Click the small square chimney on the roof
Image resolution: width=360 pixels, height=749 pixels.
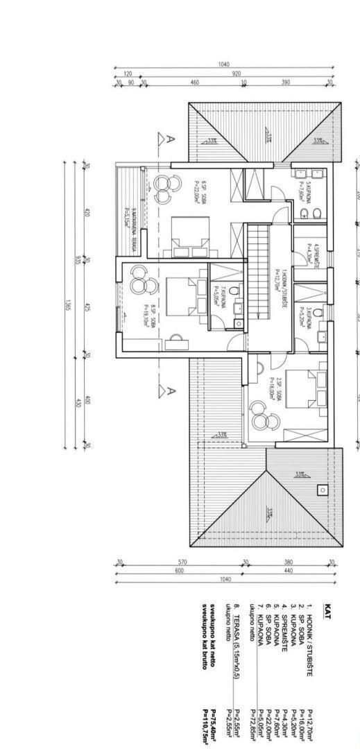322,490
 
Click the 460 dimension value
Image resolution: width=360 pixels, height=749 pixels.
195,83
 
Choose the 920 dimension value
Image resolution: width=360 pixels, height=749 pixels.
236,74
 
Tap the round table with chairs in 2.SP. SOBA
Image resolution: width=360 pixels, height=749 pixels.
264,421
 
